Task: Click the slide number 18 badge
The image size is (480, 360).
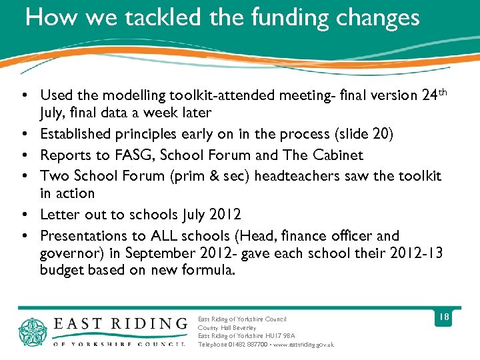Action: [x=443, y=317]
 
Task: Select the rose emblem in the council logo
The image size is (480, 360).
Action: [x=33, y=331]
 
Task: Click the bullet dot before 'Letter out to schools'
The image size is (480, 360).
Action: [x=24, y=215]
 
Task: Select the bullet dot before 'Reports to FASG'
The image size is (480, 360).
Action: [x=24, y=155]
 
